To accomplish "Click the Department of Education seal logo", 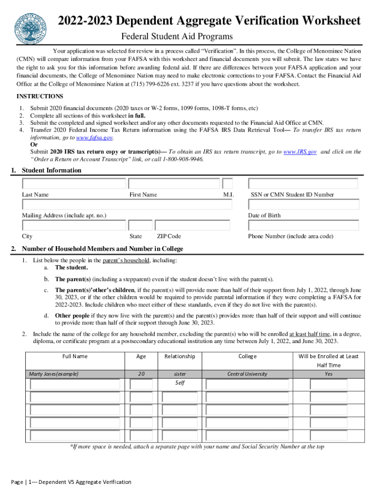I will (x=31, y=26).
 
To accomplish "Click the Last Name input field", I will (x=74, y=184).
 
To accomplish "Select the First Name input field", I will (x=174, y=184).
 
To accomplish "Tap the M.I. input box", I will (x=227, y=184).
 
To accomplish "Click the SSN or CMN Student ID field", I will (x=303, y=184).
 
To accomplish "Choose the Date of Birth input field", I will (x=303, y=205).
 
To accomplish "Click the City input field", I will (x=74, y=225).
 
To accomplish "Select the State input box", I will (x=140, y=225).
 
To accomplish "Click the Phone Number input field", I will (x=303, y=225).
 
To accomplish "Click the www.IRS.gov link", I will (x=300, y=152).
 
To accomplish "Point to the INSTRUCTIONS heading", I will (x=40, y=96).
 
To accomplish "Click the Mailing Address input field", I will (x=127, y=205).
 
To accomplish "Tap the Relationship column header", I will (x=180, y=356).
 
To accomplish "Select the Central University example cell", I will (x=247, y=374).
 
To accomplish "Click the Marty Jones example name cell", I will (x=54, y=374).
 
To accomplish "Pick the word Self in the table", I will (x=180, y=383).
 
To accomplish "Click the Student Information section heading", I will (x=52, y=170).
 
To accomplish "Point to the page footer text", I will (x=71, y=482).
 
